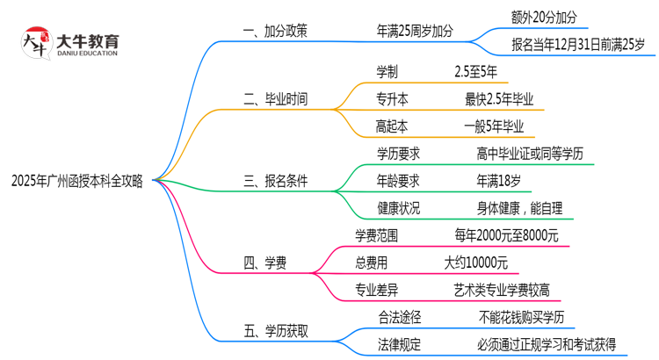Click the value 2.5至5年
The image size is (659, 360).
click(x=476, y=71)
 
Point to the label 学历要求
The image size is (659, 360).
click(x=398, y=153)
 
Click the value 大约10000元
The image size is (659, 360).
click(x=474, y=262)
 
